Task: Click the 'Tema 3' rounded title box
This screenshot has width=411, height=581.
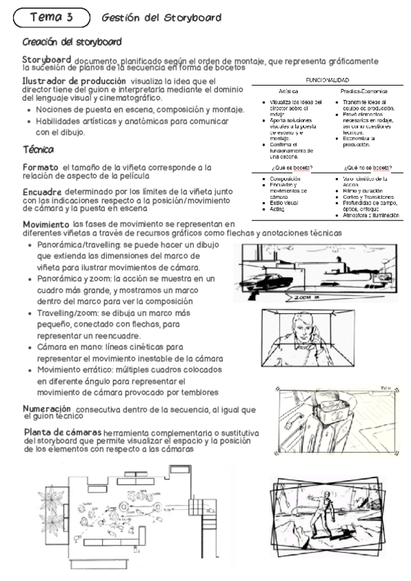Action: click(52, 16)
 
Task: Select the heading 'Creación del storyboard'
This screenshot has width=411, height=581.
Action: click(72, 42)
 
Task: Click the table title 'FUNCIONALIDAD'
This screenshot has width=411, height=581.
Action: click(327, 80)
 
